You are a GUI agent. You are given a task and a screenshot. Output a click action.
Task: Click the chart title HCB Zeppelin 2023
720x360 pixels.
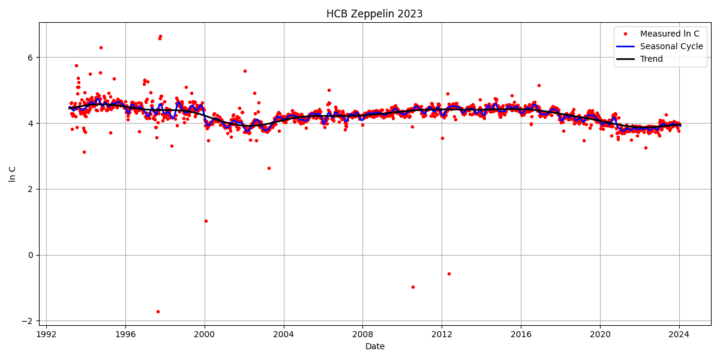374,14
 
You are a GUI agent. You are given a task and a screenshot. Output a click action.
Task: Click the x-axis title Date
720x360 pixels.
374,346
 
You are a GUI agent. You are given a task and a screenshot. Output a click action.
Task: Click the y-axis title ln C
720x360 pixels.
13,174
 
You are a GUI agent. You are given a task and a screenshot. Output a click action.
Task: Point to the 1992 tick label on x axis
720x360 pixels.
46,334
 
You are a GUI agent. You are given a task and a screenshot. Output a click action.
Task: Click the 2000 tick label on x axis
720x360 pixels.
205,334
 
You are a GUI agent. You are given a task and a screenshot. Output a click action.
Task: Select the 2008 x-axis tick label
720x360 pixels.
362,334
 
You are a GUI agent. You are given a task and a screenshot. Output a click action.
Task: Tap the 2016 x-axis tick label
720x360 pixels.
521,334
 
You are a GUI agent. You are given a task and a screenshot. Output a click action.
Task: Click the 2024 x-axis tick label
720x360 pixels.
679,334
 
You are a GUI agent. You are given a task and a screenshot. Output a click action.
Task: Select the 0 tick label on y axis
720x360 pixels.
32,255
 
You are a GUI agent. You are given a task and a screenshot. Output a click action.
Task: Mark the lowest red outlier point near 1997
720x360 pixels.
158,311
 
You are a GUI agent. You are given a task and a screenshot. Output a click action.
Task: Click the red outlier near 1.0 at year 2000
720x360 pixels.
206,221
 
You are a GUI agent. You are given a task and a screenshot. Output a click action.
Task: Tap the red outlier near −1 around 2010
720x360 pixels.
413,287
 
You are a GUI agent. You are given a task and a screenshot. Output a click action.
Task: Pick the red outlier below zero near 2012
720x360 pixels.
449,274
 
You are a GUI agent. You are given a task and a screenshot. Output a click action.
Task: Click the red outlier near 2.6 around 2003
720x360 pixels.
269,168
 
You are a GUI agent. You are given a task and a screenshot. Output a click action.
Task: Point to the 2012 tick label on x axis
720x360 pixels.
442,334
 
